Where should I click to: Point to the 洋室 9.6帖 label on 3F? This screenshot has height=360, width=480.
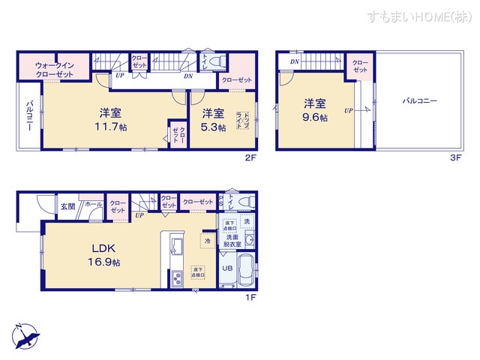coord(315,109)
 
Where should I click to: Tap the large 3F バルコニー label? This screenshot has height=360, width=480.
coord(419,100)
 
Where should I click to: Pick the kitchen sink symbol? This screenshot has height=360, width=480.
coord(177,245)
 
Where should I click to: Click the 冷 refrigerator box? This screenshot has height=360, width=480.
coord(205,241)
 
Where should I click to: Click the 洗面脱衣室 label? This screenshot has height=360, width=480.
coord(231,240)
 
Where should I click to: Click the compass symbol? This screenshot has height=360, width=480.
coord(25,334)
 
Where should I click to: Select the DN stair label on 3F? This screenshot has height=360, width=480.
coord(295,61)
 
